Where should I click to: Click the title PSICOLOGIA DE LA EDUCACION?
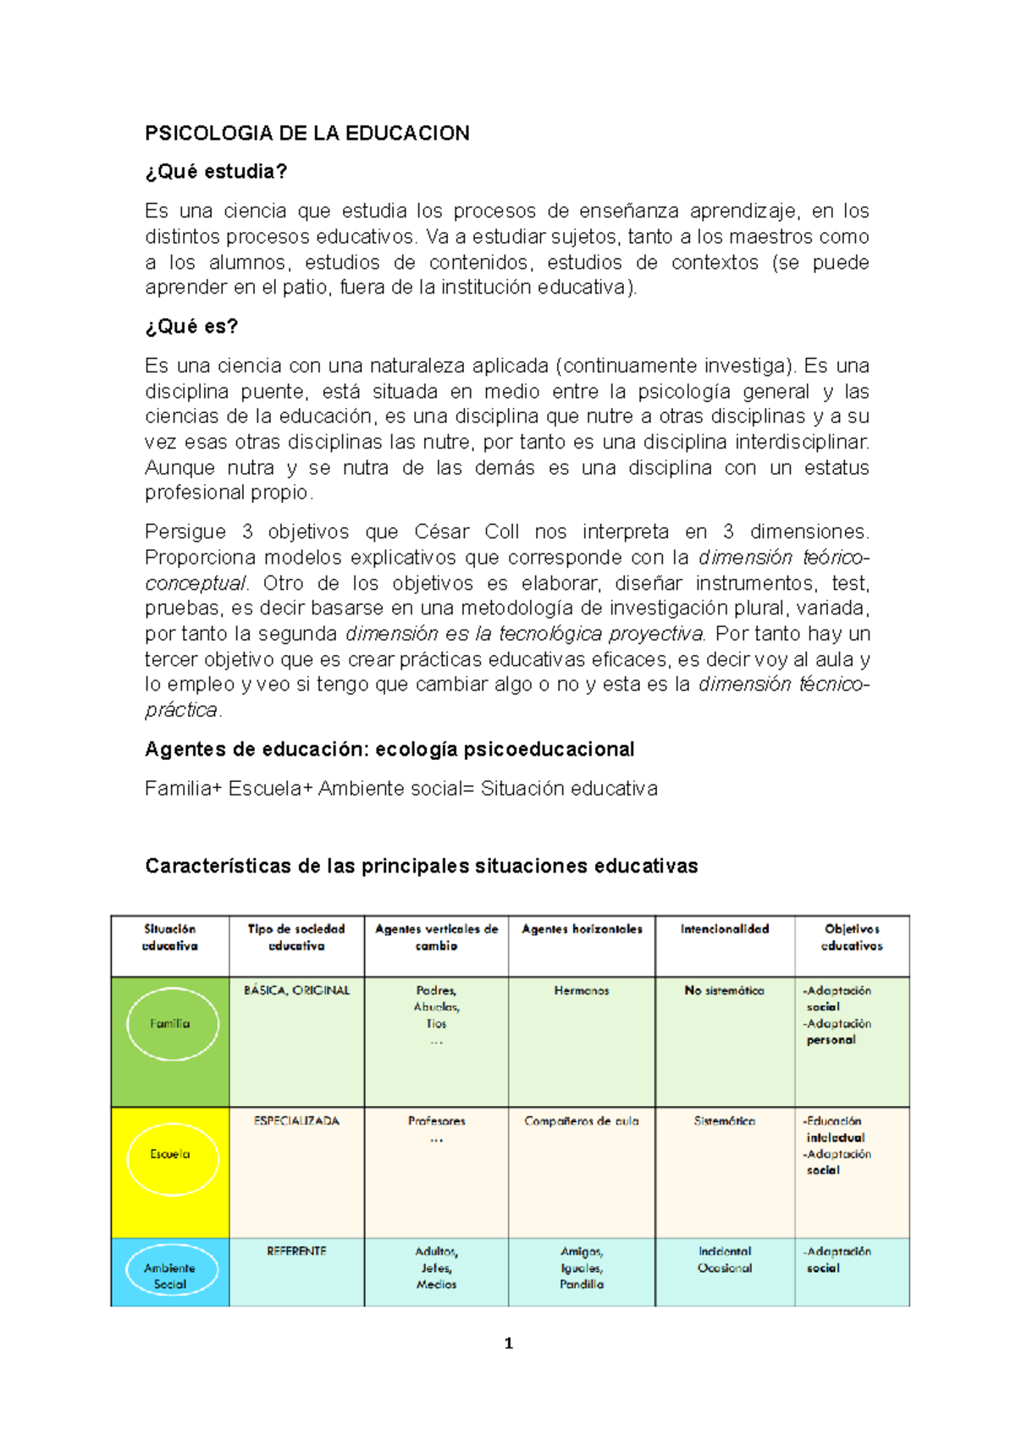[306, 133]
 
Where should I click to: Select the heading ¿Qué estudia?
[216, 172]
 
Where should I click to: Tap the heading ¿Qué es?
[191, 327]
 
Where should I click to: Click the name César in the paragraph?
[441, 531]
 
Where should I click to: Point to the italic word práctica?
[181, 710]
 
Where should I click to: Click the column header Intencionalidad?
[725, 929]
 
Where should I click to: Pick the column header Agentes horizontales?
[582, 929]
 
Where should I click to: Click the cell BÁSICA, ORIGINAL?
[296, 990]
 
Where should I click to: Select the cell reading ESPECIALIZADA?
[296, 1121]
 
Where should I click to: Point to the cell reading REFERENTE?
[296, 1251]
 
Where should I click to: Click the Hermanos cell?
[582, 990]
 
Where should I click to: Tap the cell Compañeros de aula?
[582, 1121]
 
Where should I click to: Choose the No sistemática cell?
[725, 990]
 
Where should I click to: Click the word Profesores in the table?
[437, 1121]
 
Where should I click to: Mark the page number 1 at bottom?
[508, 1343]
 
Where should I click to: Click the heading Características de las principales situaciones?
[421, 867]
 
